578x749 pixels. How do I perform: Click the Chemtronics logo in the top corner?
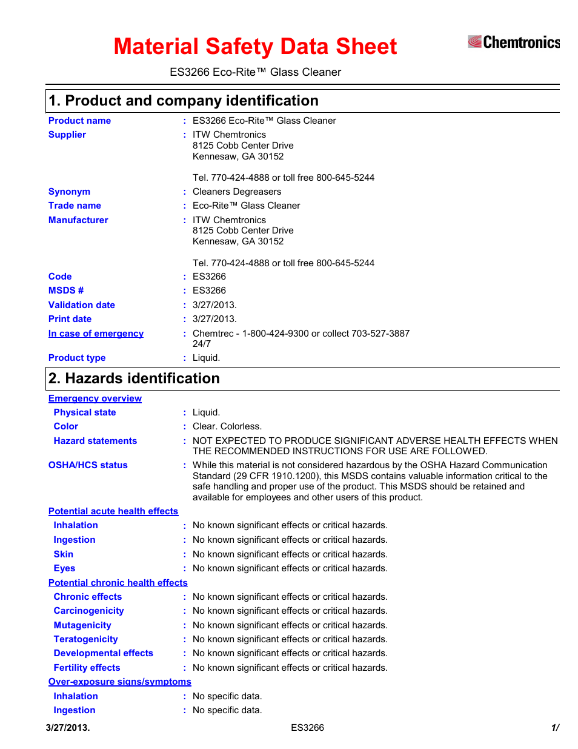coord(514,42)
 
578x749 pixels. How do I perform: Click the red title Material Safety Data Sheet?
coord(255,47)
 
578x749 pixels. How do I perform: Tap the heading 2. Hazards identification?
coord(134,378)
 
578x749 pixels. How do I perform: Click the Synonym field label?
coord(69,192)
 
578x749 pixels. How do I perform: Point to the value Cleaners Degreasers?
coord(236,192)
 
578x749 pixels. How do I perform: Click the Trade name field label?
coord(75,206)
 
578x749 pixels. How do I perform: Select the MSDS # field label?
coord(66,291)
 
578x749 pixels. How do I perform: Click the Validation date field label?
coord(82,305)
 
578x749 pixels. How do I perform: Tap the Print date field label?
coord(70,319)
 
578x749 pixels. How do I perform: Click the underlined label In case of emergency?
coord(96,334)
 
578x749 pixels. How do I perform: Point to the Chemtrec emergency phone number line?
coord(301,334)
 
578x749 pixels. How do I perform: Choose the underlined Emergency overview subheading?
coord(95,398)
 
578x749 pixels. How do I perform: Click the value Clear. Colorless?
coord(227,426)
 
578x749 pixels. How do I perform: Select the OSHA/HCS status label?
coord(88,465)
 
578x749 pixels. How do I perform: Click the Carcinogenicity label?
coord(88,611)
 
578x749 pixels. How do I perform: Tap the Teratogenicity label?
coord(85,639)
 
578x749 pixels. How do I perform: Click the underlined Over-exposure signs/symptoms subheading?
coord(120,682)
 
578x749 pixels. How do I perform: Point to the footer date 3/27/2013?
coord(68,728)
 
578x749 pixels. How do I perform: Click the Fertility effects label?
coord(87,668)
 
